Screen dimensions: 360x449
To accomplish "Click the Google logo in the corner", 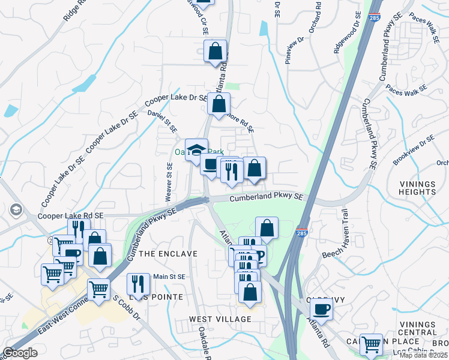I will (19, 353).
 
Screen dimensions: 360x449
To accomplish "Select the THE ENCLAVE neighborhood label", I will (168, 254).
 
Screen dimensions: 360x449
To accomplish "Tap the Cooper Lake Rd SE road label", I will (71, 215).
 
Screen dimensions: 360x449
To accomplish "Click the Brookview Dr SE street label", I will (413, 151).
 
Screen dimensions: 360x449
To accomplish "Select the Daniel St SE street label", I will (163, 121).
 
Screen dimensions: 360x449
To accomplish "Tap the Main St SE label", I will (169, 277).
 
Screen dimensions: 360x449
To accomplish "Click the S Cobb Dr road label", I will (125, 306).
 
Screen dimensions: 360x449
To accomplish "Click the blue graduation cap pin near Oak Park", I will (196, 150).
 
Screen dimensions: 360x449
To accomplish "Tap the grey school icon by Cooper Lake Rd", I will (16, 210).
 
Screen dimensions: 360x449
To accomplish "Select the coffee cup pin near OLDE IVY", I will (321, 309).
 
